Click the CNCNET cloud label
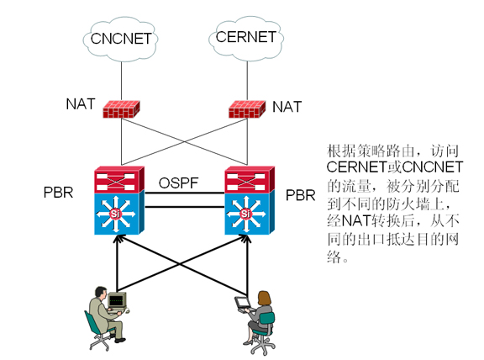click(x=121, y=39)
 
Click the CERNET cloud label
click(x=246, y=37)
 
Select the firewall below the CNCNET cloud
click(x=121, y=109)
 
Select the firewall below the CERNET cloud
click(x=247, y=109)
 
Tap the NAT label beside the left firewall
click(x=81, y=104)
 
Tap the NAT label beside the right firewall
click(x=287, y=107)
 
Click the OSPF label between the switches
click(x=178, y=183)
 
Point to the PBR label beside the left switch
click(x=58, y=193)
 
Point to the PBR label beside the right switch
click(x=300, y=195)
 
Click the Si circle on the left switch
click(x=115, y=214)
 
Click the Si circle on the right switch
click(x=245, y=214)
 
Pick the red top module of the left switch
click(x=119, y=179)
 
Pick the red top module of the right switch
click(x=250, y=179)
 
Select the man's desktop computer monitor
click(x=117, y=299)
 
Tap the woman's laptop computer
click(x=243, y=304)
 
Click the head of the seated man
click(x=101, y=292)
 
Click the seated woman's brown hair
click(x=264, y=298)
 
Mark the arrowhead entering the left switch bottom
click(x=117, y=239)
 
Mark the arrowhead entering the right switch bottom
click(x=247, y=239)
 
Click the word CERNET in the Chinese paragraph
click(x=356, y=167)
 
